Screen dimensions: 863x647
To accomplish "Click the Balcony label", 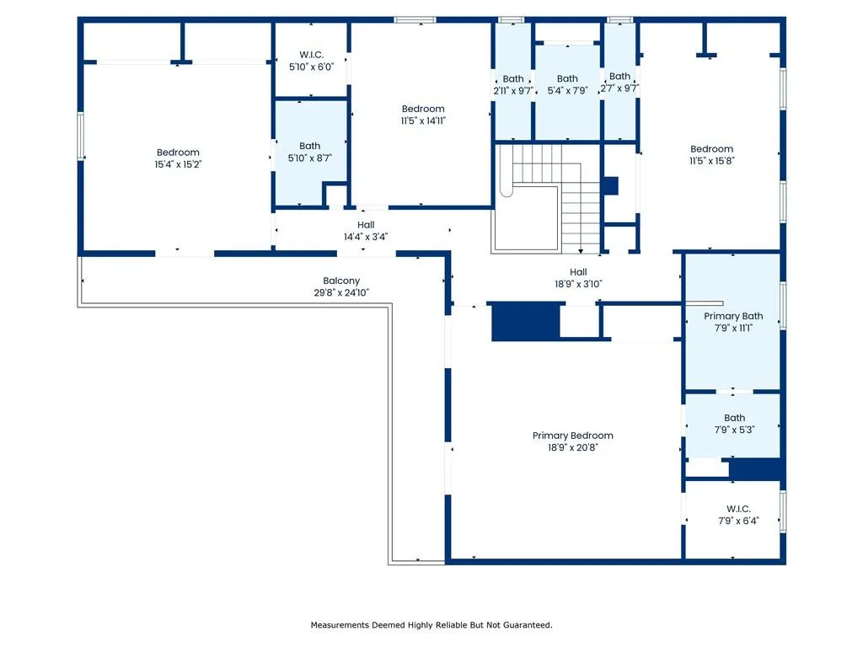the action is tap(341, 281).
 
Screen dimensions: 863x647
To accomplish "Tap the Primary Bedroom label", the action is tap(572, 436).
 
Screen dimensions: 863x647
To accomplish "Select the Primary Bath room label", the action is tap(733, 316).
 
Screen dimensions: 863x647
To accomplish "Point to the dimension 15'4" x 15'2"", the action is tap(178, 164).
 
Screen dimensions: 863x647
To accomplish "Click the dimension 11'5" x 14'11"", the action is tap(423, 120).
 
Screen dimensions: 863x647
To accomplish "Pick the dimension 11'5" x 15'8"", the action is tap(711, 161).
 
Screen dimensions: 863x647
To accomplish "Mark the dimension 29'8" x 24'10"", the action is tap(341, 292).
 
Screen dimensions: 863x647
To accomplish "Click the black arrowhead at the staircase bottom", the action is tap(581, 251).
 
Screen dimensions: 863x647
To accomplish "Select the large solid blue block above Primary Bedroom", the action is tap(526, 321).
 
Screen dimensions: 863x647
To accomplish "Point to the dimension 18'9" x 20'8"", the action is tap(572, 447).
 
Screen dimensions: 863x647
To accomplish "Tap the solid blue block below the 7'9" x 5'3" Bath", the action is tap(757, 469).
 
